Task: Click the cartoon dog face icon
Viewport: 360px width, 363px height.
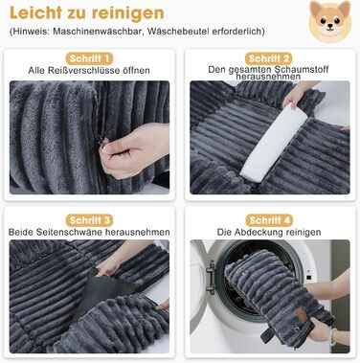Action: [x=329, y=22]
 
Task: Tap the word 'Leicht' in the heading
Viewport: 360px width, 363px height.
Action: [x=35, y=12]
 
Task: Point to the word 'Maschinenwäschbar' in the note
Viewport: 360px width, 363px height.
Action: [x=98, y=32]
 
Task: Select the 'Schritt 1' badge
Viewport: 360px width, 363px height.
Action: [x=89, y=58]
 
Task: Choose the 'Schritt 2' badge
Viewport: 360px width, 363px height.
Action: [x=269, y=58]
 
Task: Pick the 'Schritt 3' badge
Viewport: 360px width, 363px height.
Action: [x=89, y=220]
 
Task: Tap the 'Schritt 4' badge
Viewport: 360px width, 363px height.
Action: [x=269, y=220]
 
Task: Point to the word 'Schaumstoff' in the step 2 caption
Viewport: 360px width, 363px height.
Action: [x=302, y=69]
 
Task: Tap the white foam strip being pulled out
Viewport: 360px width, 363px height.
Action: [x=274, y=143]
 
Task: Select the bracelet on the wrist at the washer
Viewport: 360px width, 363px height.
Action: [x=334, y=336]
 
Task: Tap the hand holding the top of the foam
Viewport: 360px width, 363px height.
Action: [x=299, y=95]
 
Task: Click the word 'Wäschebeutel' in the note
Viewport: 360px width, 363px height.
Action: [x=178, y=32]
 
